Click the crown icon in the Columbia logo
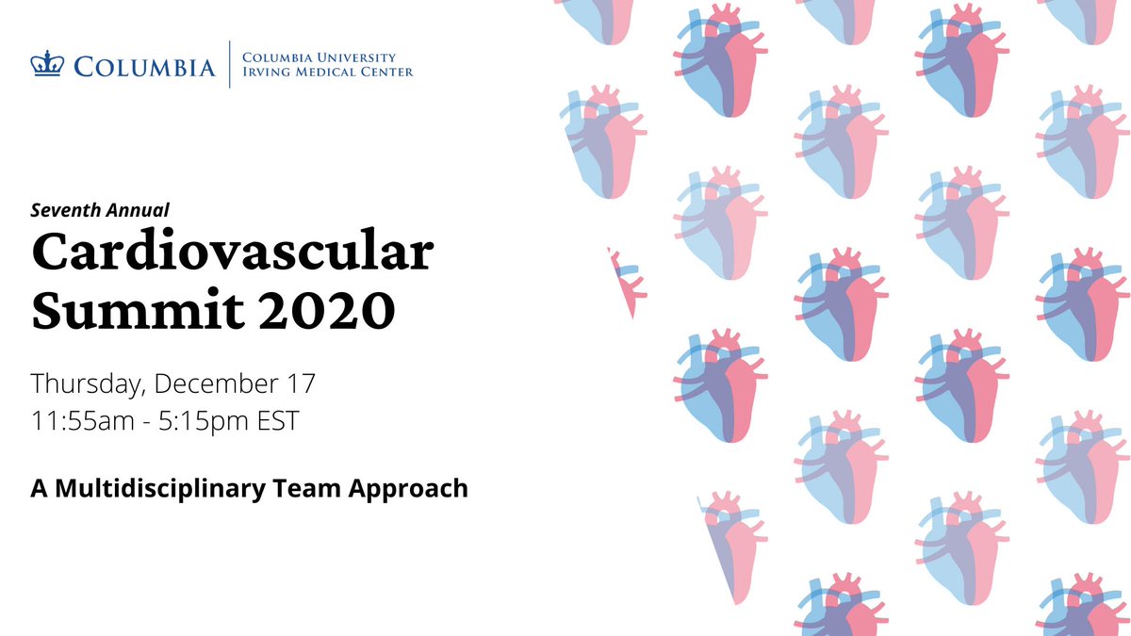click(44, 65)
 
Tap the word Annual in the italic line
click(138, 210)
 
